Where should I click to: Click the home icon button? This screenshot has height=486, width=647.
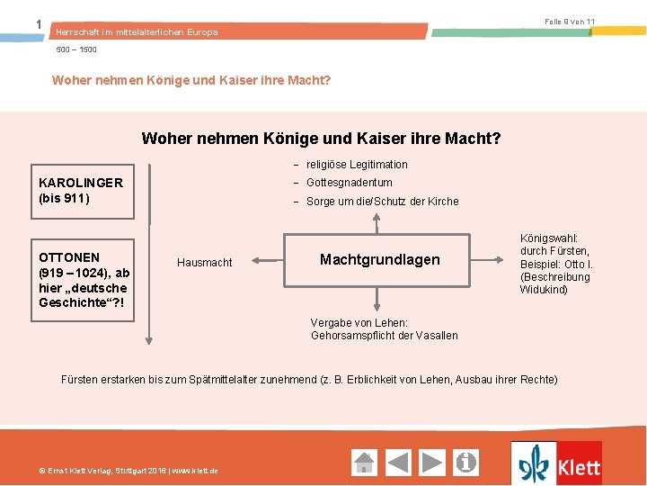click(x=364, y=463)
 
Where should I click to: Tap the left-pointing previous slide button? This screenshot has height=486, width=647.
click(x=398, y=463)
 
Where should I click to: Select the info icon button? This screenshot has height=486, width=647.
click(x=466, y=463)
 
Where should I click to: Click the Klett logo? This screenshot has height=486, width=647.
click(x=556, y=463)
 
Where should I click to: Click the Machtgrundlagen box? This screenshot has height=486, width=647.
click(x=379, y=260)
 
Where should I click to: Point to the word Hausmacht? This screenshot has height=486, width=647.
click(x=204, y=263)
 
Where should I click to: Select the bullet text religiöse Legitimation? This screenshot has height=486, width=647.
click(x=357, y=165)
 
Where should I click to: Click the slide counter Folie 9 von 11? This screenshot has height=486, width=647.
click(x=570, y=21)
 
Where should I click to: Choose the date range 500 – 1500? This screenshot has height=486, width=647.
click(x=76, y=49)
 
